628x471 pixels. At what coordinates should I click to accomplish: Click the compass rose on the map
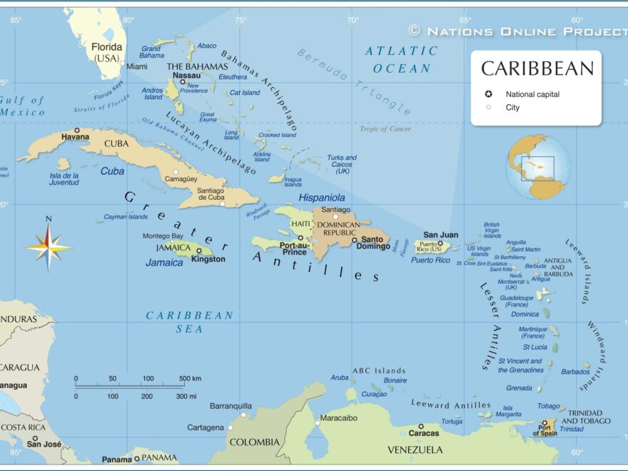click(x=49, y=247)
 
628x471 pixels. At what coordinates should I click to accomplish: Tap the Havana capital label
click(x=75, y=136)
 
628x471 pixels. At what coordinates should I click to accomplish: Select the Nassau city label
click(x=187, y=75)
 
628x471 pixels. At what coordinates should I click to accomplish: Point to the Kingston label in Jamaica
click(x=208, y=259)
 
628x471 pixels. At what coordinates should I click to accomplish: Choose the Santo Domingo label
click(x=375, y=243)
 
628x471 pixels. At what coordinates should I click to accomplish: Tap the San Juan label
click(x=440, y=235)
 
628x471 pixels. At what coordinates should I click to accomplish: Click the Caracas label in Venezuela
click(x=424, y=433)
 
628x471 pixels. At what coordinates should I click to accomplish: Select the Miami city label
click(x=137, y=66)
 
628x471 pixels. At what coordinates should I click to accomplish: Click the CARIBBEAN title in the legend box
click(x=537, y=69)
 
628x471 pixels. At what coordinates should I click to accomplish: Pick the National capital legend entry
click(x=532, y=94)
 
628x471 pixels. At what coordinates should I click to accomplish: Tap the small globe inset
click(x=538, y=167)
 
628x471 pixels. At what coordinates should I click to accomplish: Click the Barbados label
click(x=575, y=372)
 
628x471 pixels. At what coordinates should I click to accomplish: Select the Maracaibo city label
click(x=338, y=417)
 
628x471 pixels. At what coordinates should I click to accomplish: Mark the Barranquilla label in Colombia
click(x=231, y=406)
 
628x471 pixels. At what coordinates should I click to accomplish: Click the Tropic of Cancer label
click(x=385, y=129)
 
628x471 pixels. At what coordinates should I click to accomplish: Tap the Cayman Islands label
click(x=126, y=217)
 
